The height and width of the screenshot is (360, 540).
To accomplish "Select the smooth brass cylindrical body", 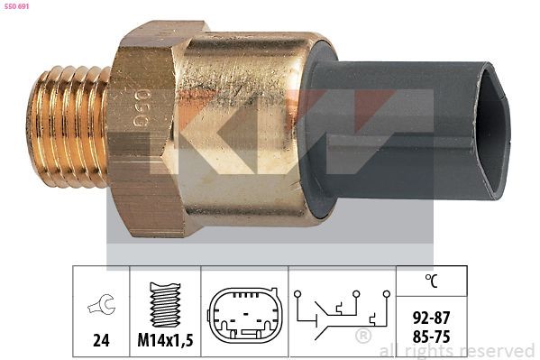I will (x=243, y=126).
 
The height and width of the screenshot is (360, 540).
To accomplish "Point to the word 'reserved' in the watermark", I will (x=495, y=350).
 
